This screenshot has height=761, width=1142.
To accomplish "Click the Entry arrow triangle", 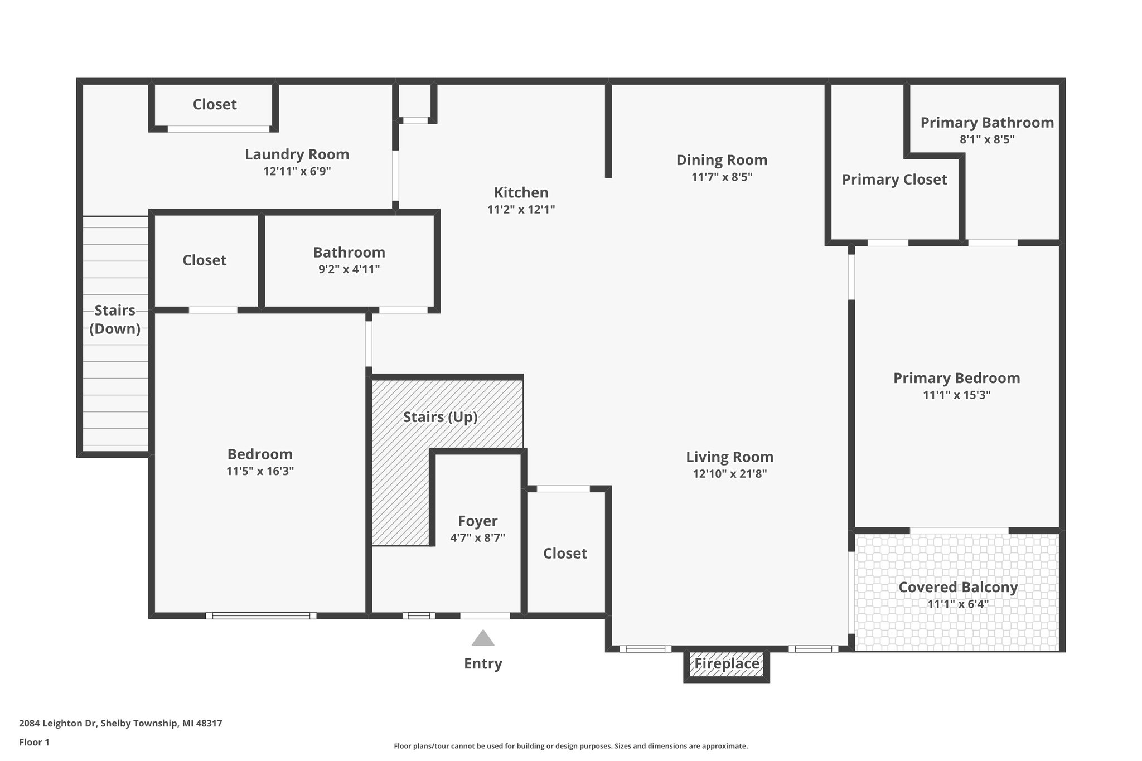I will pos(483,639).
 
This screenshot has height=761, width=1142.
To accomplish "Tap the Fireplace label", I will pos(727,664).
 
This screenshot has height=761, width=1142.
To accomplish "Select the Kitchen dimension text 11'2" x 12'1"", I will pos(521,210).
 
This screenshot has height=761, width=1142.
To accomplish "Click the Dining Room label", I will pos(722,160).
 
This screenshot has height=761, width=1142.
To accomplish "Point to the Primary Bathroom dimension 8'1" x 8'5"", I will pos(986,139).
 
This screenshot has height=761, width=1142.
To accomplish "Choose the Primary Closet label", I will pos(894,180).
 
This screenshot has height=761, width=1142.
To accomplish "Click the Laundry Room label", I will pos(297,154).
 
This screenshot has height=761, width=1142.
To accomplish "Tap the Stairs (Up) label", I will pos(440,417).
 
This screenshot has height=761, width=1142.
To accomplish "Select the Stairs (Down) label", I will pos(115,319).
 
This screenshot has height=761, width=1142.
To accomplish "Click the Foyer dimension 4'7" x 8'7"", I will pos(477,538).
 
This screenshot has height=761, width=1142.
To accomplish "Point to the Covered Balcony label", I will pos(958,587).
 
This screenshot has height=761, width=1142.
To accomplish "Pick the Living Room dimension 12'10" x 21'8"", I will pos(729,474).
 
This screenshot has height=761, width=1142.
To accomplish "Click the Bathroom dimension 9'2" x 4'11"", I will pos(349,269).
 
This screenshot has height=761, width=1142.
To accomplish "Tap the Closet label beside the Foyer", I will pos(565,553).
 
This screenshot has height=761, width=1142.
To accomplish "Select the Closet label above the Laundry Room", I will pos(215,104).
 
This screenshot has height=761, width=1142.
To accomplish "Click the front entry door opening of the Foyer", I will pos(485,615).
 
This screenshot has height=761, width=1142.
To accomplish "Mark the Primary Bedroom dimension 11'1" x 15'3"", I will pos(956,395).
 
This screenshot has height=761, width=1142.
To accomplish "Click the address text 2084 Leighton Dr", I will pos(59,724).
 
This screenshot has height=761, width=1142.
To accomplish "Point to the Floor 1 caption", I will pos(34,743).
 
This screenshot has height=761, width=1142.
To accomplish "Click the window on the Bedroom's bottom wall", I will pos(261,615).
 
